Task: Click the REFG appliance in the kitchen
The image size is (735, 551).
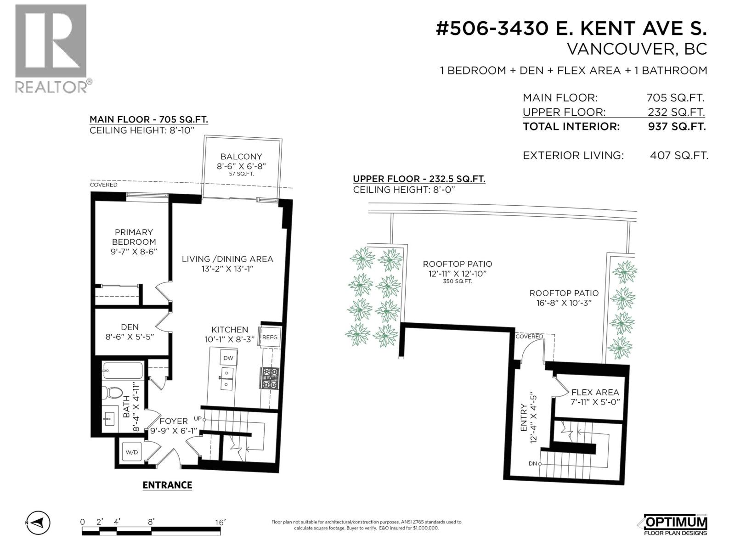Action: [270, 337]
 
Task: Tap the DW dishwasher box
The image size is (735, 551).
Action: [228, 358]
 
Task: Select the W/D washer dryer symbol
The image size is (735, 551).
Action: [132, 452]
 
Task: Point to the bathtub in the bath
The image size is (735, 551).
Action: [123, 370]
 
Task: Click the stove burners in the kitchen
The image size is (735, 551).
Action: [269, 377]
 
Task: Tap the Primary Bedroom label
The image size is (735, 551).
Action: [134, 237]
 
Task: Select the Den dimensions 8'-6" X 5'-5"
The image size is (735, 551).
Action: [130, 337]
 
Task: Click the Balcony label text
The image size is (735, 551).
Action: [241, 157]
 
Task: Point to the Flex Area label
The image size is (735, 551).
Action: [595, 392]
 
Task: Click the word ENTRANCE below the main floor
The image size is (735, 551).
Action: [167, 485]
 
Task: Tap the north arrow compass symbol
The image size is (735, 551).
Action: [38, 523]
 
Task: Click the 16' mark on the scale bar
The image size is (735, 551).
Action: [220, 522]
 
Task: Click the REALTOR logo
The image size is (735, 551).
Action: [51, 48]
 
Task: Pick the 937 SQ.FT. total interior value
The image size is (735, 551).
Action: [677, 127]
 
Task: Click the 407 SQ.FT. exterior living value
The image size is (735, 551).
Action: [678, 156]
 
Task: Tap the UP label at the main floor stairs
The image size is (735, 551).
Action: [198, 419]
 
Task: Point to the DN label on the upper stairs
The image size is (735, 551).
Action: [533, 464]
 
